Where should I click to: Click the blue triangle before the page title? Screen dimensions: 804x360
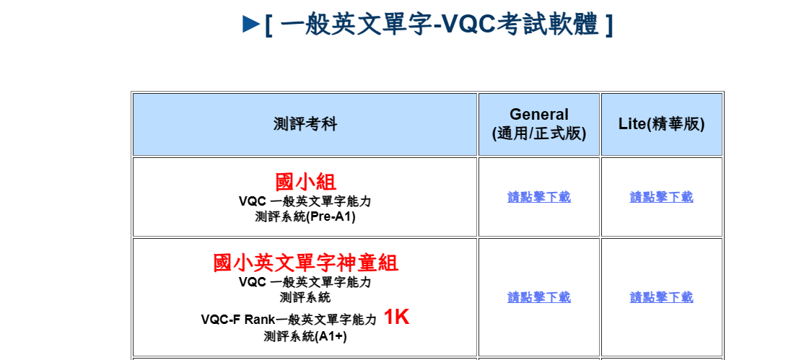click(x=251, y=24)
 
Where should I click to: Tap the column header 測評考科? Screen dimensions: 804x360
click(x=305, y=124)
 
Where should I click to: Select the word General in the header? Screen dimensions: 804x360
click(x=539, y=114)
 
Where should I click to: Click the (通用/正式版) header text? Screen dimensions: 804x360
click(x=539, y=133)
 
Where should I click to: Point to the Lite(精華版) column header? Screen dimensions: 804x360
click(x=661, y=124)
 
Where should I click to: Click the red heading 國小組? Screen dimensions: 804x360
click(x=305, y=182)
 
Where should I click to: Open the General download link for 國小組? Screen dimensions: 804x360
click(x=539, y=197)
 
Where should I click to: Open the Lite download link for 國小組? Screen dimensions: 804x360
click(x=661, y=197)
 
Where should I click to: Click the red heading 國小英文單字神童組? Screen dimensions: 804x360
click(x=305, y=263)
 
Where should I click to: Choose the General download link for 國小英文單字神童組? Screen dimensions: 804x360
click(x=539, y=297)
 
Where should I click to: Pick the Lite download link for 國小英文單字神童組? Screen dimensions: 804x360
click(x=661, y=297)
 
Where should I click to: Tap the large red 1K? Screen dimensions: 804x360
click(x=396, y=317)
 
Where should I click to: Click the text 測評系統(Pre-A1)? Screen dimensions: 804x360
click(x=305, y=217)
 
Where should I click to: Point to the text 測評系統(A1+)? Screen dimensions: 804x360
click(x=305, y=337)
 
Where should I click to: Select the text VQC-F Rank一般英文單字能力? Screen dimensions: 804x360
click(x=289, y=320)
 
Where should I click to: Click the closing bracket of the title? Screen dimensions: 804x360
click(x=608, y=25)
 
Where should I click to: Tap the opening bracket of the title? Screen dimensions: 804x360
click(x=268, y=25)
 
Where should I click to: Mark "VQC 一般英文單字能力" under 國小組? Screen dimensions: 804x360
click(x=305, y=201)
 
